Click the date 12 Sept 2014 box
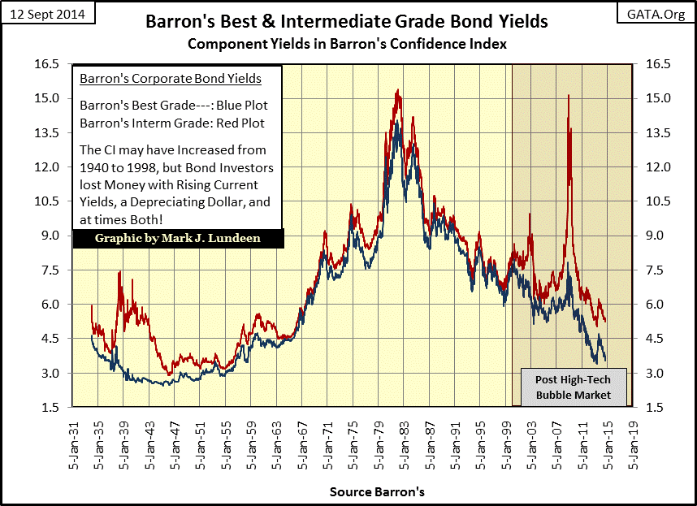[x=50, y=14]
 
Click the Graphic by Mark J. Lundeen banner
[x=178, y=239]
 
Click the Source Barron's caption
[x=377, y=492]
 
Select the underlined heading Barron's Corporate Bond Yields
[x=170, y=79]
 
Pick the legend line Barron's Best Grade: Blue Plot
[x=173, y=106]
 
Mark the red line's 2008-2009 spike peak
[x=568, y=96]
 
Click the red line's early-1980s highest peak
[x=397, y=90]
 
